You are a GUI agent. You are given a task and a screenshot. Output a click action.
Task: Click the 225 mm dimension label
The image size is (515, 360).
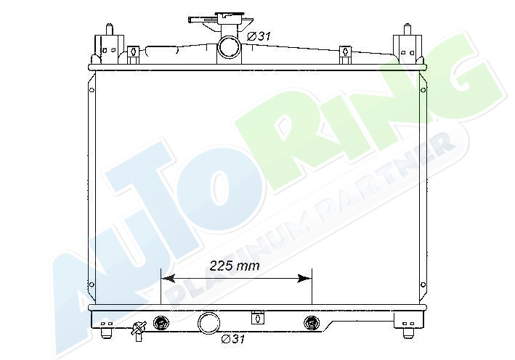pyautogui.click(x=235, y=266)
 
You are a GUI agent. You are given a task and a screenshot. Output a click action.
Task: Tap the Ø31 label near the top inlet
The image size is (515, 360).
pyautogui.click(x=259, y=36)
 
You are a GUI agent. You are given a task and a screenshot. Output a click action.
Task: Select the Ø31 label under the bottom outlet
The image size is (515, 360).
pyautogui.click(x=233, y=339)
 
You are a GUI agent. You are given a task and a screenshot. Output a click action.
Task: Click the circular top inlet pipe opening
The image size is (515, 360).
pyautogui.click(x=229, y=46)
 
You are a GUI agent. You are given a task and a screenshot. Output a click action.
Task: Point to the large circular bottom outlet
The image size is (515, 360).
pyautogui.click(x=208, y=323)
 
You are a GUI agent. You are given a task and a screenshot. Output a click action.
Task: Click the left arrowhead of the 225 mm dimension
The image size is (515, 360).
pyautogui.click(x=168, y=279)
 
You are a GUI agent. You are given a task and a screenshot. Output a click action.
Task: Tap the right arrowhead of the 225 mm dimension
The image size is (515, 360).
pyautogui.click(x=304, y=279)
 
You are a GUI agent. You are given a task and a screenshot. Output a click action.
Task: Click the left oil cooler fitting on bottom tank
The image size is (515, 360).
pyautogui.click(x=161, y=323)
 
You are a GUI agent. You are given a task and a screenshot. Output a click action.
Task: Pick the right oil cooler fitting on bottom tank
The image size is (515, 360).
pyautogui.click(x=311, y=323)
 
